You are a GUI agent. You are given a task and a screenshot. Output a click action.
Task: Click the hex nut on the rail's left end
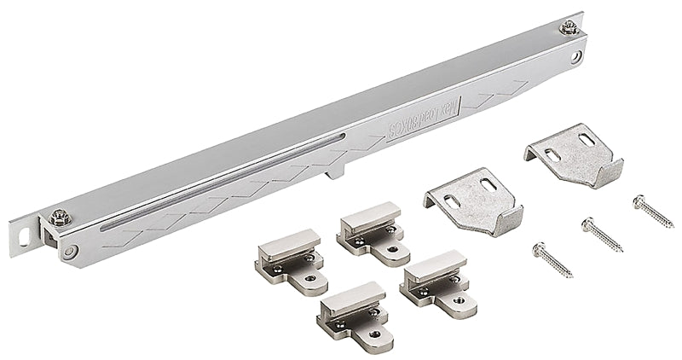[59, 218]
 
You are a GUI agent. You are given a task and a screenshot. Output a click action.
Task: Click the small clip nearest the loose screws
[435, 277]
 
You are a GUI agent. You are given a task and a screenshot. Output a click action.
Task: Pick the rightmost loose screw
[652, 210]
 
